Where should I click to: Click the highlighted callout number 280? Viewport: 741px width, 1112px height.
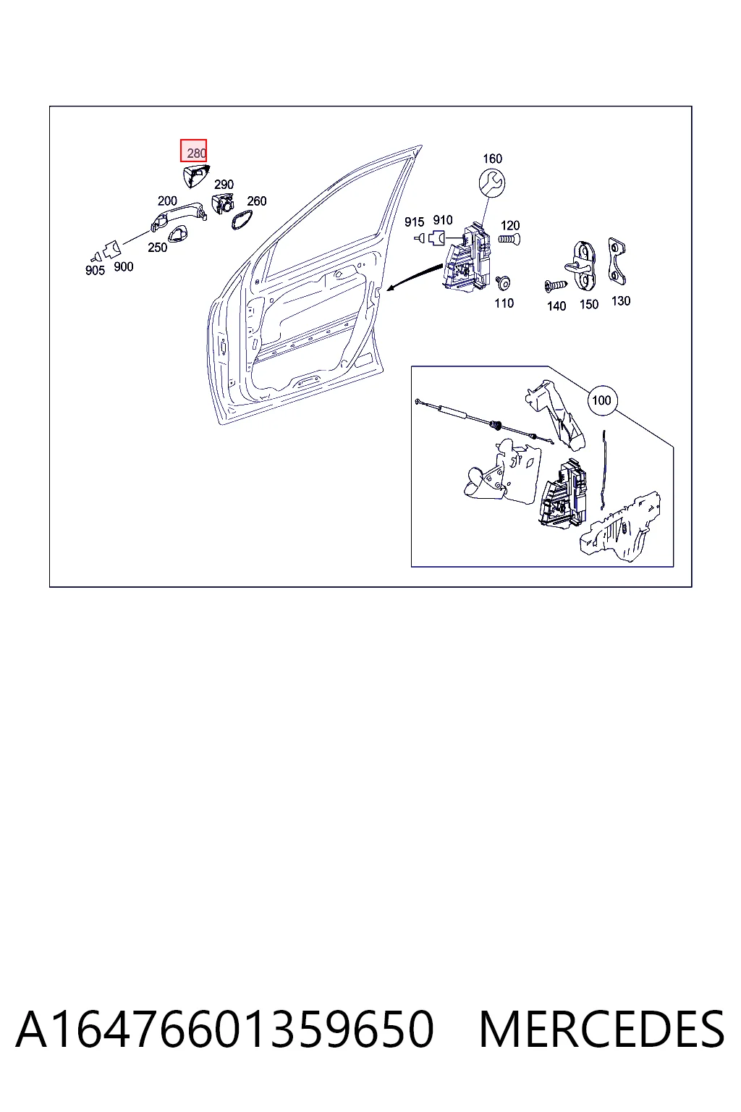pyautogui.click(x=196, y=153)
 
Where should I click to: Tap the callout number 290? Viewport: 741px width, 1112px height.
pyautogui.click(x=224, y=185)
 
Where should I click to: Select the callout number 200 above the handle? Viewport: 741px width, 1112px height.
pyautogui.click(x=167, y=201)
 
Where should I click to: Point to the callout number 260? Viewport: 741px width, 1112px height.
pyautogui.click(x=257, y=201)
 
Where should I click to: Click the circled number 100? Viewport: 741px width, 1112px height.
pyautogui.click(x=602, y=400)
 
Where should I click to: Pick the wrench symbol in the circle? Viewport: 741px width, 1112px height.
pyautogui.click(x=492, y=183)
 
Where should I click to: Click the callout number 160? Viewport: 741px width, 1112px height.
pyautogui.click(x=492, y=159)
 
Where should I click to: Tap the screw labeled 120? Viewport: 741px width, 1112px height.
pyautogui.click(x=509, y=240)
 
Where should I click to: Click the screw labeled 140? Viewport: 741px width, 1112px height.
pyautogui.click(x=556, y=285)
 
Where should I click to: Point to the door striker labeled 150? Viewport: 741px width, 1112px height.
pyautogui.click(x=585, y=266)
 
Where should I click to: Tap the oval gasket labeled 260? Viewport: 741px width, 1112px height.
pyautogui.click(x=242, y=219)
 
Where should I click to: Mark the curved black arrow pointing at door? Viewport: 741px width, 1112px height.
pyautogui.click(x=414, y=276)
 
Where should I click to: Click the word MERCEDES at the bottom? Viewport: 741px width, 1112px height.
pyautogui.click(x=601, y=1029)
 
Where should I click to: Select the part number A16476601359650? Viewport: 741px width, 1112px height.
pyautogui.click(x=225, y=1029)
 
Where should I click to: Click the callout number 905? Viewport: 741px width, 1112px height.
pyautogui.click(x=95, y=271)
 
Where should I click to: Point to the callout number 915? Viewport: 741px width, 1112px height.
pyautogui.click(x=414, y=222)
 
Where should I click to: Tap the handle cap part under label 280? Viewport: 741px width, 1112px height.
pyautogui.click(x=196, y=176)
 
